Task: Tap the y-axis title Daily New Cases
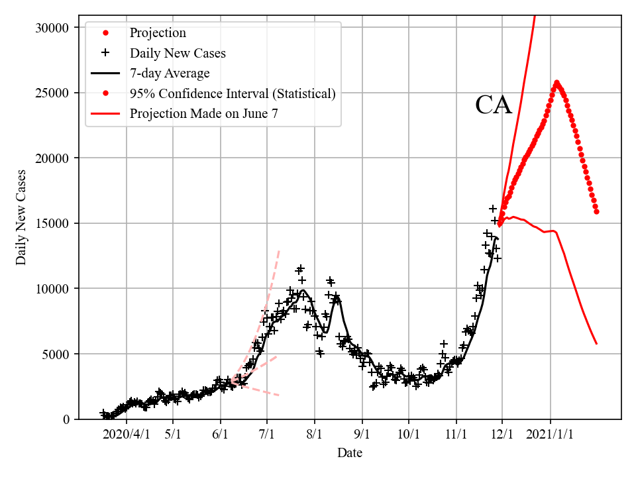(22, 217)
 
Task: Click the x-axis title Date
(349, 453)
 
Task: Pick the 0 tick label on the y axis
(66, 419)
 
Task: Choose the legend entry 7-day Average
(170, 74)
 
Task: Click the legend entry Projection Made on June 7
(203, 113)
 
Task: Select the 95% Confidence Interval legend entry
(233, 93)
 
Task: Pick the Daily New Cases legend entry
(178, 53)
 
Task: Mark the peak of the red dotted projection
(556, 83)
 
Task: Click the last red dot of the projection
(596, 212)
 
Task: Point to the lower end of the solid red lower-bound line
(596, 343)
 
